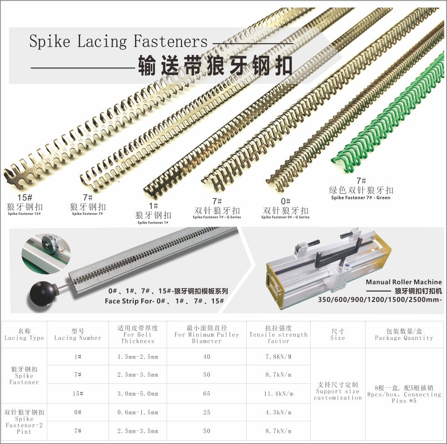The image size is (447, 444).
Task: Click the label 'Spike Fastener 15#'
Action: [x=24, y=214]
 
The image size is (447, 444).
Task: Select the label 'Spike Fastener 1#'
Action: [x=153, y=222]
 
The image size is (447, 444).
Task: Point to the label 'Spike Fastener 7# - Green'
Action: [x=361, y=198]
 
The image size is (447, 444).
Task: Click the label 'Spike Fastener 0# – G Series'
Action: [x=285, y=217]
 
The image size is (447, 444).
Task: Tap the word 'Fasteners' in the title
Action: [x=171, y=41]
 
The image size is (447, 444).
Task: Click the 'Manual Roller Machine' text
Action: [x=404, y=282]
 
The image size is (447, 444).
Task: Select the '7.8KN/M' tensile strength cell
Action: [x=279, y=357]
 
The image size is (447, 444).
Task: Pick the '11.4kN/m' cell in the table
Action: [x=279, y=394]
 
